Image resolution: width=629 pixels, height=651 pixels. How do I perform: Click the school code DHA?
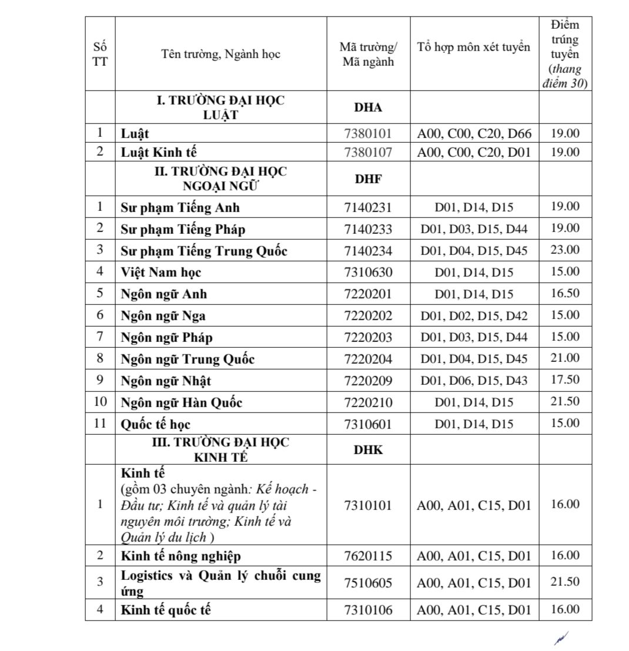tap(368, 108)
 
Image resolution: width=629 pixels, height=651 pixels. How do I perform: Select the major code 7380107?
tap(368, 152)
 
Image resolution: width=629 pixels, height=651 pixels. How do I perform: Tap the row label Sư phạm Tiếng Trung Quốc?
tap(204, 251)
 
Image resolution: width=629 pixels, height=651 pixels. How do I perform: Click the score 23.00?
tap(565, 250)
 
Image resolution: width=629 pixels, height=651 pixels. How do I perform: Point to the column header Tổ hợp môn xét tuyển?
tap(474, 47)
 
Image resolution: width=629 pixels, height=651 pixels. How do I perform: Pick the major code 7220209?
tap(368, 381)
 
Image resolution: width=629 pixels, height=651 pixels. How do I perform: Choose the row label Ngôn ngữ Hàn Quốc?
tap(182, 403)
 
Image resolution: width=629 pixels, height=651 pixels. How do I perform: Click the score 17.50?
tap(565, 380)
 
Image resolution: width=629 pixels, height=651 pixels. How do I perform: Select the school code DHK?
tap(368, 450)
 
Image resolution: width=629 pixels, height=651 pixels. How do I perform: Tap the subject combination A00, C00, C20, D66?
tap(474, 134)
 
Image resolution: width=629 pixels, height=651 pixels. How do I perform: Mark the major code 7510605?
tap(368, 583)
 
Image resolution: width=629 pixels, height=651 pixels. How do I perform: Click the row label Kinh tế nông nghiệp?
tap(181, 556)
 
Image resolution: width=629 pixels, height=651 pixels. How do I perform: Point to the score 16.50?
tap(565, 293)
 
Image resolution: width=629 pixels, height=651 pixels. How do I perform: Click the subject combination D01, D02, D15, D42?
tap(474, 316)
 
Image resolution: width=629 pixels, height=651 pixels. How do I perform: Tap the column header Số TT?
tap(100, 54)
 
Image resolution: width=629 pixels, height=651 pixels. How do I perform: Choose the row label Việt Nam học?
tap(161, 273)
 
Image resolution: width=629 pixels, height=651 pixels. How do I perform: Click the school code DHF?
tap(368, 179)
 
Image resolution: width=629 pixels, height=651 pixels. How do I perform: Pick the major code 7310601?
tap(368, 424)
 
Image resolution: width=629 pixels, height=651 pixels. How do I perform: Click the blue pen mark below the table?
tap(561, 637)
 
